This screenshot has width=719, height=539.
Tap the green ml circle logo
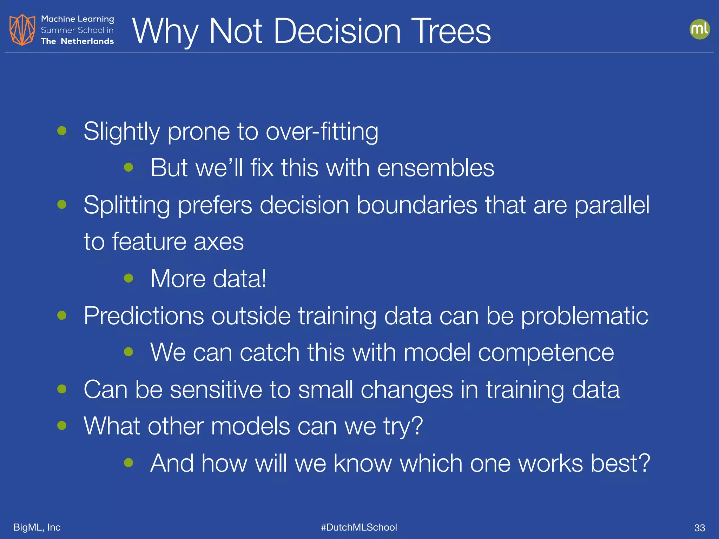[x=699, y=29]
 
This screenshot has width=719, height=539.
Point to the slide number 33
[x=699, y=528]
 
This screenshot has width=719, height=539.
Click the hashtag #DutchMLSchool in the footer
[x=359, y=527]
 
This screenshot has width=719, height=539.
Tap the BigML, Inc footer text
[x=37, y=527]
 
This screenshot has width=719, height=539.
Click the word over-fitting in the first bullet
[x=322, y=132]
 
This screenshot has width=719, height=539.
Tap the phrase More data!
[x=208, y=279]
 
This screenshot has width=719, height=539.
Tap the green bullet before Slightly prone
[x=62, y=131]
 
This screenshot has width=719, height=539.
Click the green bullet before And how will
[x=128, y=463]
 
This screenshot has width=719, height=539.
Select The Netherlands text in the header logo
[x=77, y=41]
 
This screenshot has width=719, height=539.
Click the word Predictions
[x=143, y=316]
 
